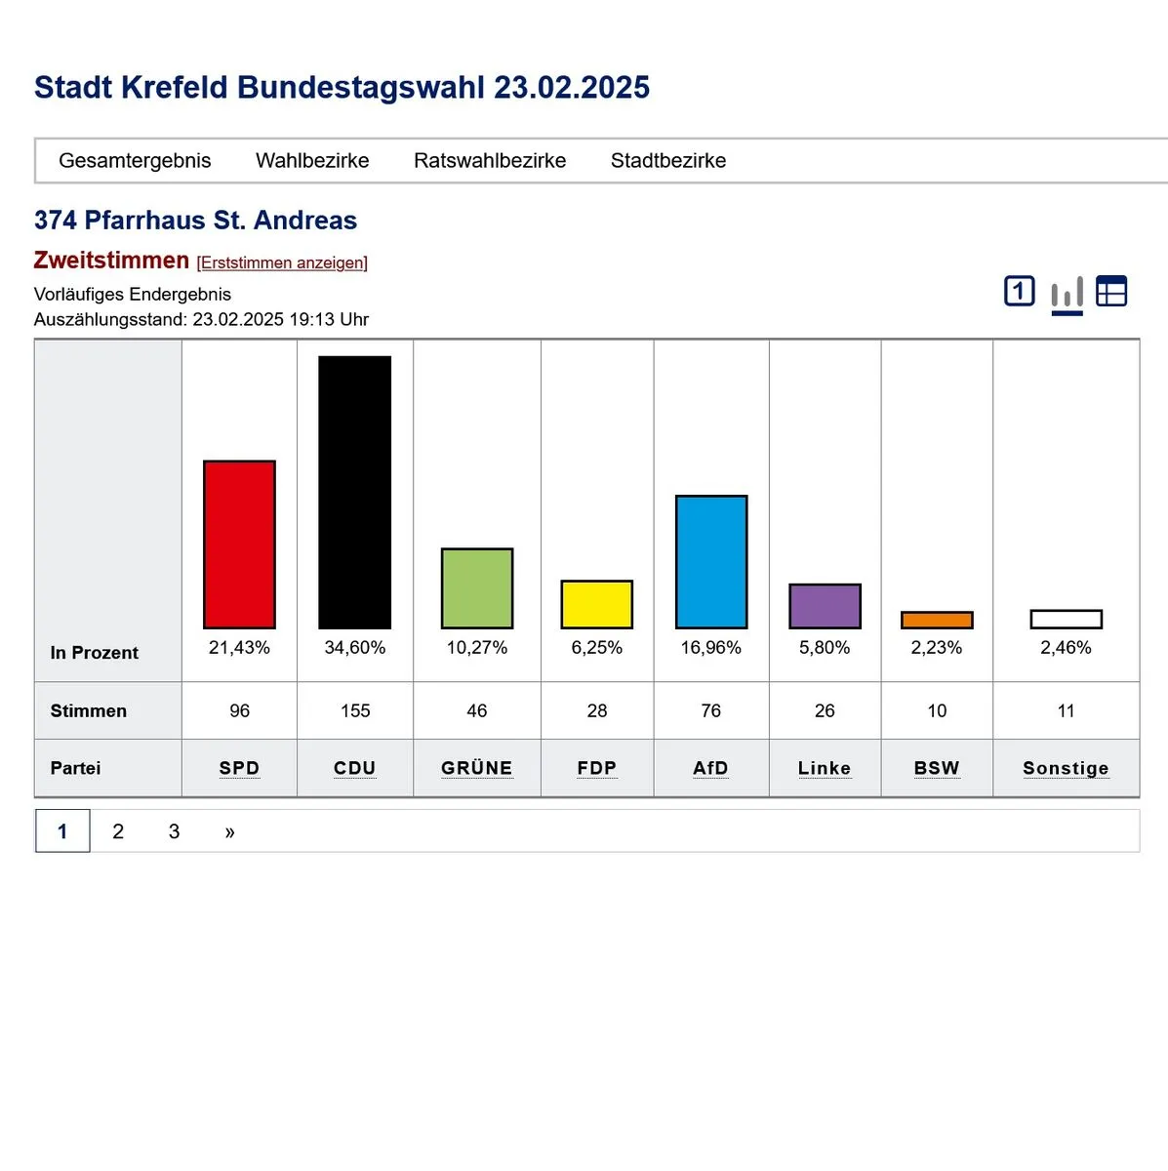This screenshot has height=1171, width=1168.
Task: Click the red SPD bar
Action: [x=239, y=545]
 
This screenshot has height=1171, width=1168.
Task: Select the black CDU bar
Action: [x=355, y=492]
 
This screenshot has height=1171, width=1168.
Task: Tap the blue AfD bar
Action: [x=711, y=562]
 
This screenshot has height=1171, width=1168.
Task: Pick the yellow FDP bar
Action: [x=597, y=604]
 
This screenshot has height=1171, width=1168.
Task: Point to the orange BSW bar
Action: [x=937, y=620]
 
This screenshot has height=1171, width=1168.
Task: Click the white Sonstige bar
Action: [x=1066, y=619]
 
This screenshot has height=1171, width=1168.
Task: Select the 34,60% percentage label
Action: [x=355, y=648]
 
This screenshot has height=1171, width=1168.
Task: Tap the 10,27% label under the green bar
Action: [x=477, y=648]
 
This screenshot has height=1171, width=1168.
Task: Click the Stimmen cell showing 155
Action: [x=355, y=710]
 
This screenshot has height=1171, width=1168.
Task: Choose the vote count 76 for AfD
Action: [x=711, y=710]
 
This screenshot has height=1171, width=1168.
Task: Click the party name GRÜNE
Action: [x=477, y=768]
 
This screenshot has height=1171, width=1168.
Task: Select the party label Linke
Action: [x=825, y=768]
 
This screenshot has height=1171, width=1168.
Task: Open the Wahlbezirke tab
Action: [x=312, y=161]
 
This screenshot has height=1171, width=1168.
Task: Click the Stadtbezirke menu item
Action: [x=668, y=161]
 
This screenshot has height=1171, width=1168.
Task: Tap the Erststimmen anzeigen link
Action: [x=282, y=262]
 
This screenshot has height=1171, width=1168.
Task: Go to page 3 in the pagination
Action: [x=174, y=831]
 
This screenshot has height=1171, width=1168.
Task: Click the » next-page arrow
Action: [x=229, y=831]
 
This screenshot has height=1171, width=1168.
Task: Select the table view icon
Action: [x=1111, y=291]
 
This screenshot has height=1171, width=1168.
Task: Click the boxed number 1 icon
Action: [x=1020, y=291]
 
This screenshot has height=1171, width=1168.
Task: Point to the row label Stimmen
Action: [x=89, y=710]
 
